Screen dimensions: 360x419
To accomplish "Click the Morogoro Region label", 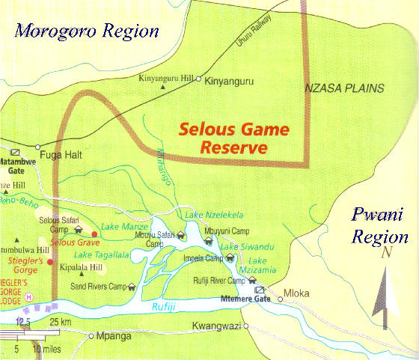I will click(x=88, y=31).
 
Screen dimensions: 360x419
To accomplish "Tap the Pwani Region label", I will click(x=381, y=226).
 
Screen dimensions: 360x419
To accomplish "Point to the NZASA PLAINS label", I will click(x=344, y=88).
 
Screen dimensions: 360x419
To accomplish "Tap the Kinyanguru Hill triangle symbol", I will click(x=163, y=87).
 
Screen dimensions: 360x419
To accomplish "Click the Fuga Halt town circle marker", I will click(x=37, y=147).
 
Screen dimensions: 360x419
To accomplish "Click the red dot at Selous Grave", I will click(x=94, y=234).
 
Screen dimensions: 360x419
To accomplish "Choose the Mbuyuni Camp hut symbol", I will click(x=208, y=241).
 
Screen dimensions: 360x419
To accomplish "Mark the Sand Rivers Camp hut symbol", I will click(x=132, y=286).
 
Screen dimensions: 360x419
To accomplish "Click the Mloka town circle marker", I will click(x=281, y=299).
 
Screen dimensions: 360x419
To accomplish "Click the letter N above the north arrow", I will click(x=386, y=253).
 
